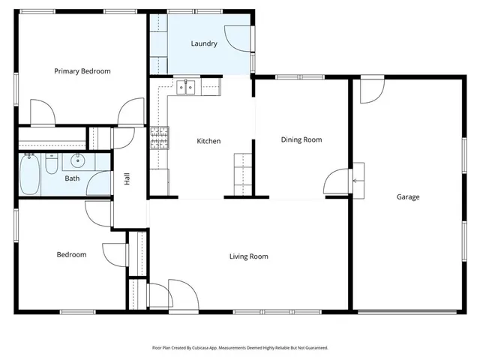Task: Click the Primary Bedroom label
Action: pos(82,71)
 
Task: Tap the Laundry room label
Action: pos(204,43)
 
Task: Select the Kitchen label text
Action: pos(208,141)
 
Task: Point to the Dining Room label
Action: pos(301,139)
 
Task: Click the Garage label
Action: pos(408,197)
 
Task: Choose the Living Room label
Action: pos(248,256)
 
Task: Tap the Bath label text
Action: pos(72,178)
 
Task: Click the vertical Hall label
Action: pos(127,179)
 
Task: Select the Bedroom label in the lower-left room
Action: pos(71,254)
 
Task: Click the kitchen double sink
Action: pos(185,86)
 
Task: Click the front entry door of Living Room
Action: pos(181,294)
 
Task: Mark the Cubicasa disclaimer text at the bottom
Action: pos(240,347)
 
